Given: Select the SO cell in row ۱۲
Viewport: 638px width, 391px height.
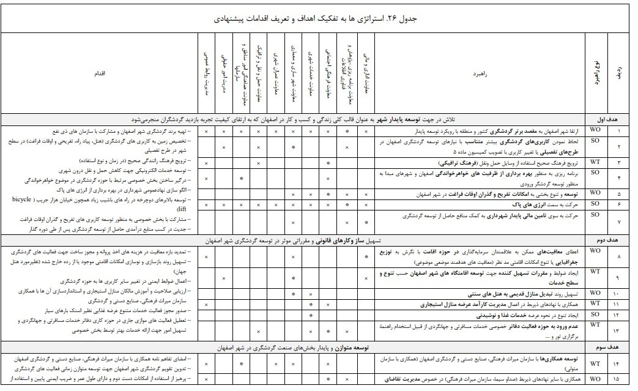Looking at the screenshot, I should tap(595, 314).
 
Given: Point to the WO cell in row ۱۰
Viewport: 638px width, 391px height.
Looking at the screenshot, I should tap(595, 293).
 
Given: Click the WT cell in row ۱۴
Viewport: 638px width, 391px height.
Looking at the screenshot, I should tap(595, 364).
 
